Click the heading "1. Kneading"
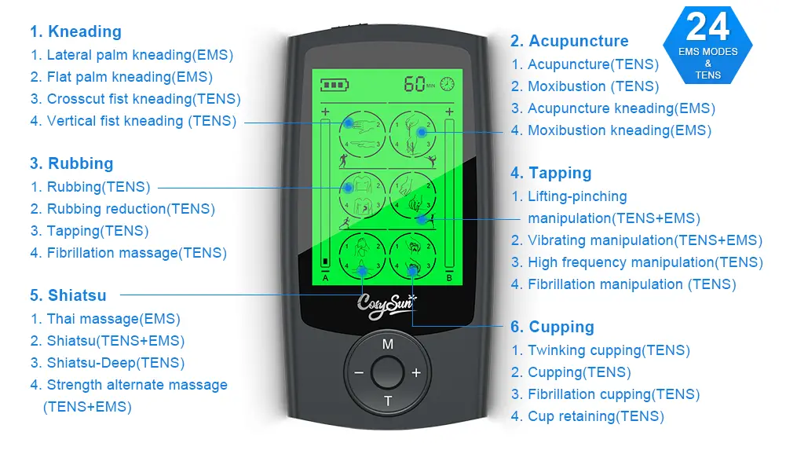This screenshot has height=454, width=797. [75, 32]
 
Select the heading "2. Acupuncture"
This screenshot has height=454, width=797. [569, 42]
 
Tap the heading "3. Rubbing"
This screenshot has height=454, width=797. [71, 164]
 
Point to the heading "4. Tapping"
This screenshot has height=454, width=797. [550, 174]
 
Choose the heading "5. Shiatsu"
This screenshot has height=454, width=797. [68, 296]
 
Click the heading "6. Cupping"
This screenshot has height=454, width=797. [552, 328]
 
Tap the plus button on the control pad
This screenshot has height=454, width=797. [416, 373]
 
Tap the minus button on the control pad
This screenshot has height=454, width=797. [359, 373]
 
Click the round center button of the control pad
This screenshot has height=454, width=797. [387, 372]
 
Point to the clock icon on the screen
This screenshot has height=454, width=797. [447, 83]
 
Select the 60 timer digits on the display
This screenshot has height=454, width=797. [415, 84]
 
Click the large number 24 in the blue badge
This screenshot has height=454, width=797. [707, 27]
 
